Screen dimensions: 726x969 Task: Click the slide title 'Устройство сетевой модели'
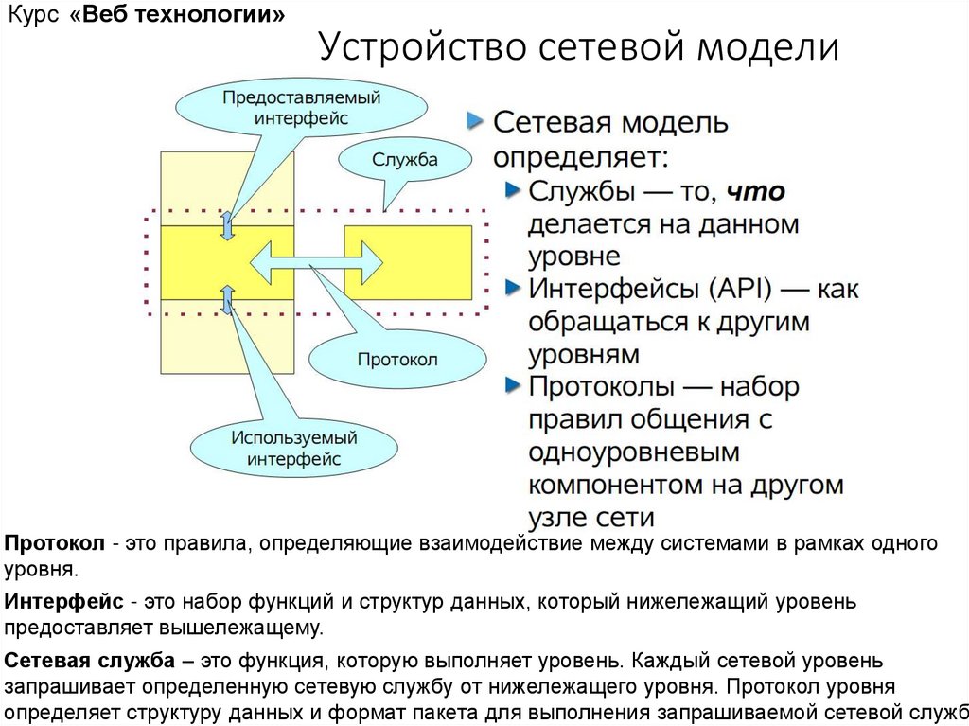pos(578,46)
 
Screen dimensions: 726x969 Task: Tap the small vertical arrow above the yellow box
pos(227,225)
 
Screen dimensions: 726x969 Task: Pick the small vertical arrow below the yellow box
pos(227,299)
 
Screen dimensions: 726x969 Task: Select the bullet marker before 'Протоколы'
pos(512,385)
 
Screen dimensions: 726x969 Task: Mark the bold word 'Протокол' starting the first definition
pos(54,544)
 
